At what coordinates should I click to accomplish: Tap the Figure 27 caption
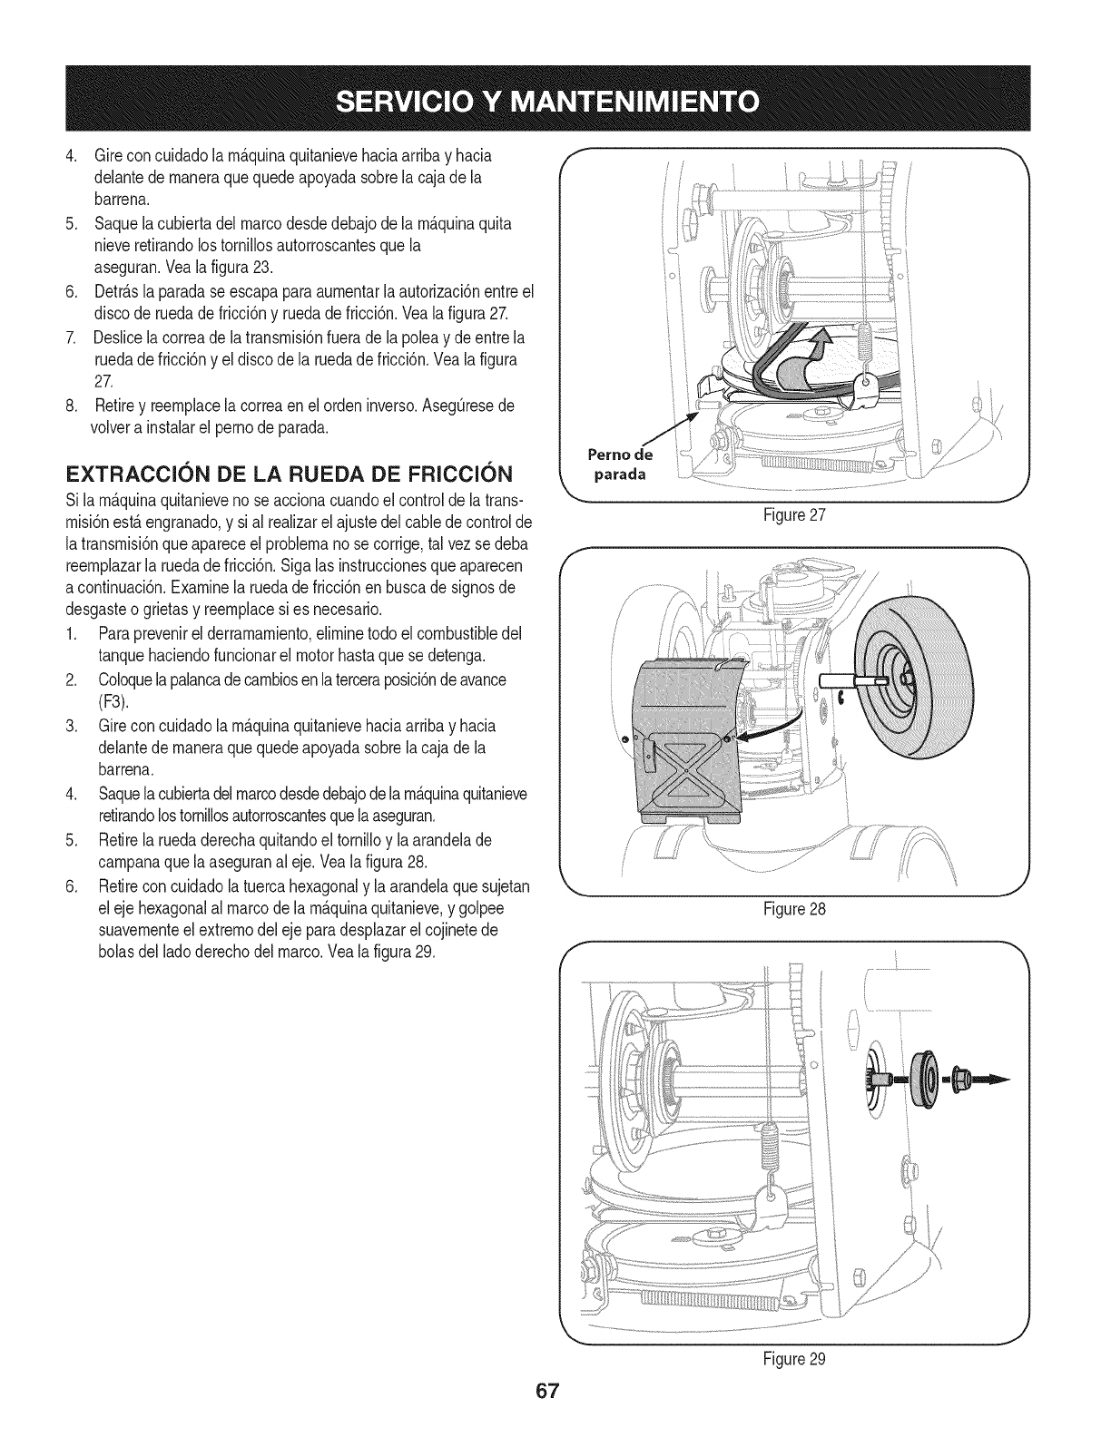(x=793, y=515)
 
